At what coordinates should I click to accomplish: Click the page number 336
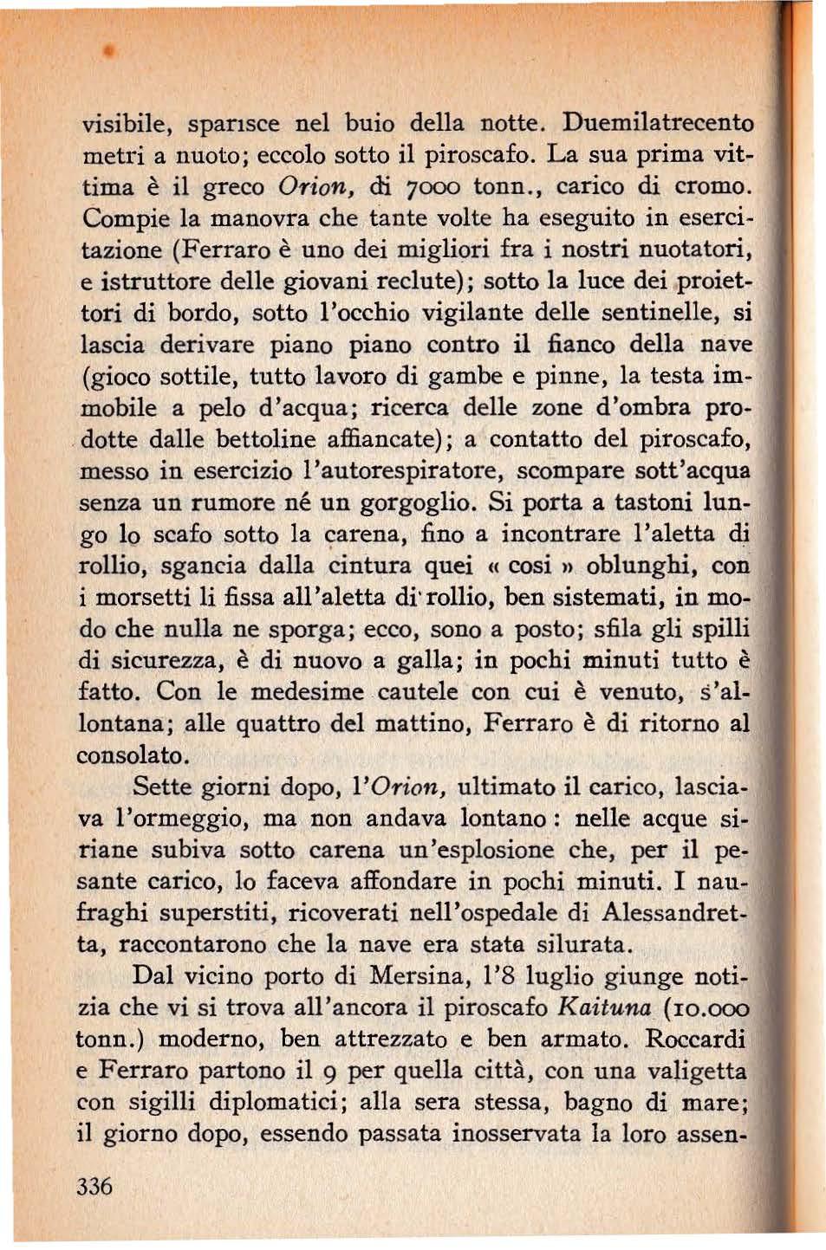click(94, 1186)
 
